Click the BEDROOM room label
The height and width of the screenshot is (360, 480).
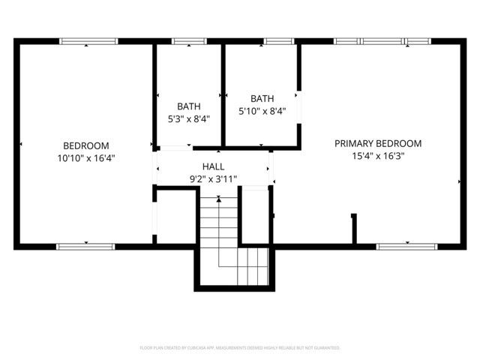tap(86, 145)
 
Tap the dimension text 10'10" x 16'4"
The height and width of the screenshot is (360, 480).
tap(86, 157)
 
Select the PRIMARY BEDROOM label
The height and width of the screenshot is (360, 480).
tap(378, 143)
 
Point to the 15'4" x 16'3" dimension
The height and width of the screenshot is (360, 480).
tap(378, 156)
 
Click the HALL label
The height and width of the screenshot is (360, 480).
tap(213, 166)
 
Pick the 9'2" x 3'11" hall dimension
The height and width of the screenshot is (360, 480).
tap(213, 178)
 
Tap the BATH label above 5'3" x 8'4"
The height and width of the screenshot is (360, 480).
tap(188, 106)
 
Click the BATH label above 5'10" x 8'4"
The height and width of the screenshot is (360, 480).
tap(262, 98)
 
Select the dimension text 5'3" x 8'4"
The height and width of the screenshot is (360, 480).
tap(188, 118)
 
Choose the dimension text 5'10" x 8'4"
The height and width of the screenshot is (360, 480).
tap(262, 111)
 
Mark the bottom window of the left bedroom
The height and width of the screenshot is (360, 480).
tap(85, 246)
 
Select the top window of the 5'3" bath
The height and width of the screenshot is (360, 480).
tap(184, 41)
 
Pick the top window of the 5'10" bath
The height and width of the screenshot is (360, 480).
tap(277, 41)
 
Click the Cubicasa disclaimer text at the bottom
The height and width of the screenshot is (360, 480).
tap(240, 348)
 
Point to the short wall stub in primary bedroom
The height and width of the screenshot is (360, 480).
tap(353, 229)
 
